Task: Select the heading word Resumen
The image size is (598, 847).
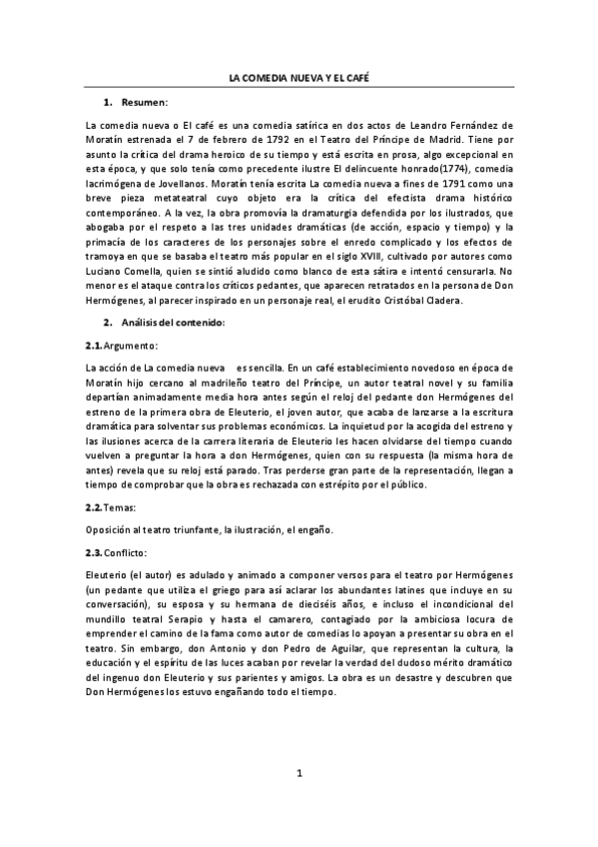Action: pos(145,103)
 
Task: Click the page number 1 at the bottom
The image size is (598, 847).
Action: pos(299,801)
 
